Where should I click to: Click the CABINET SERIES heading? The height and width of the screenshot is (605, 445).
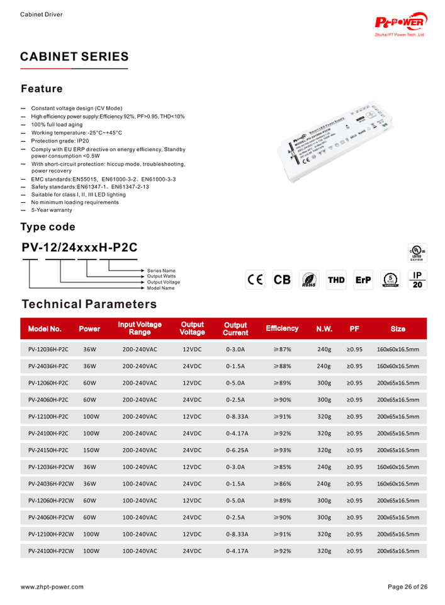(74, 57)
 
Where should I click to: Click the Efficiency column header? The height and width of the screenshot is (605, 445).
(282, 328)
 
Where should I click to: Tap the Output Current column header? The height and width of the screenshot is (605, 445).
(235, 328)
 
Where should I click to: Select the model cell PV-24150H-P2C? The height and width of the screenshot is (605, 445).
(48, 450)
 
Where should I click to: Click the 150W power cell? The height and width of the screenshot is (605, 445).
(91, 450)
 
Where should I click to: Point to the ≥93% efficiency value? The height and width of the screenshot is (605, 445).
(281, 450)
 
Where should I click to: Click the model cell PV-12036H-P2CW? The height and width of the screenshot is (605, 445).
(51, 467)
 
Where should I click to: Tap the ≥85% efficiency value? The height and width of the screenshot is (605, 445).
(281, 467)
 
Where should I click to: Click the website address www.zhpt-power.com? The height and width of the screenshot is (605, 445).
(52, 587)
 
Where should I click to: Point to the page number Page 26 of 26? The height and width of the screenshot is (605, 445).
(407, 587)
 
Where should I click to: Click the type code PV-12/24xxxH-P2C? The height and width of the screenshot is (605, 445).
(79, 248)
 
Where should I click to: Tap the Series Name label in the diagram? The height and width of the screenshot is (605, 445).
(161, 271)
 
